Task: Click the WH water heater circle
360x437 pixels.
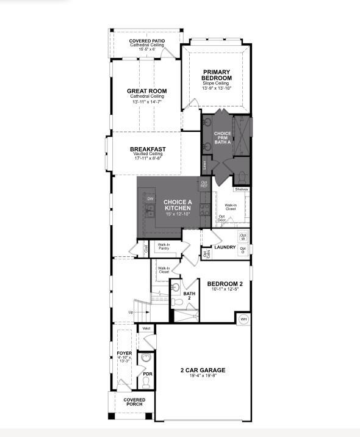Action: click(243, 319)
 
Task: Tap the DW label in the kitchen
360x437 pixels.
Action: click(150, 199)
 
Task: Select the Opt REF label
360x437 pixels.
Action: click(204, 184)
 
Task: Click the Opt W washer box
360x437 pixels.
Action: click(243, 237)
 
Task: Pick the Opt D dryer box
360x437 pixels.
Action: click(243, 249)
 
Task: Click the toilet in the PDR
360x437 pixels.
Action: click(146, 381)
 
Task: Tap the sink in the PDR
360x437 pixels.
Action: click(146, 358)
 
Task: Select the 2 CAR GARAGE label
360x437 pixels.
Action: click(203, 370)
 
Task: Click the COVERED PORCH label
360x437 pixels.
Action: click(134, 402)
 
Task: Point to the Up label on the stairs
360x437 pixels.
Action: click(131, 312)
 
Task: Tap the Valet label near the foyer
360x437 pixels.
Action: click(146, 328)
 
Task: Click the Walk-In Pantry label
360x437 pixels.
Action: click(164, 247)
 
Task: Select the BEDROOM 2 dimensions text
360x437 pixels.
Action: click(225, 289)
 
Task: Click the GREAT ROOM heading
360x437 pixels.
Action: click(146, 91)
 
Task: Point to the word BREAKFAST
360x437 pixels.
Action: click(148, 149)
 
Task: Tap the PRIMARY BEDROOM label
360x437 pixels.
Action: click(217, 74)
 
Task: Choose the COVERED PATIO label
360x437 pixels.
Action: click(147, 41)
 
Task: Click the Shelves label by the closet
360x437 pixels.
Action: click(240, 190)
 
